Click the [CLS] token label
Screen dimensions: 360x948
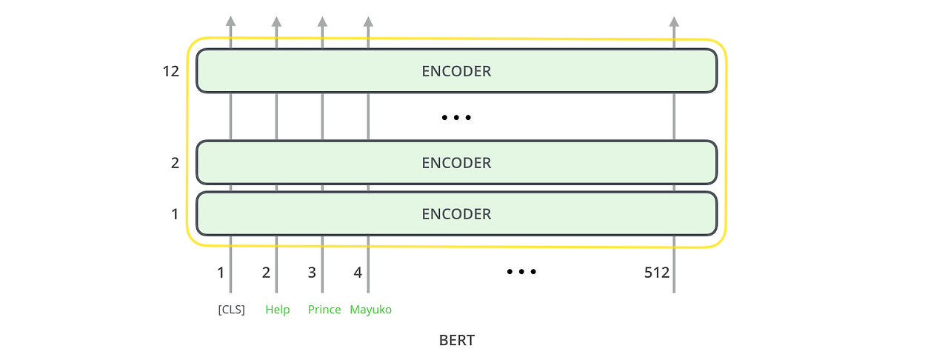pyautogui.click(x=231, y=310)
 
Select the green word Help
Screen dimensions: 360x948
pyautogui.click(x=278, y=310)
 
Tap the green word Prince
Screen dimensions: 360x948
pyautogui.click(x=324, y=310)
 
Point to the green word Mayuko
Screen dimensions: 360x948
pyautogui.click(x=370, y=310)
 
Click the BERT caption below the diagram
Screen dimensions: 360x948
pyautogui.click(x=456, y=341)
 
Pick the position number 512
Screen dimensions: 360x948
pyautogui.click(x=657, y=273)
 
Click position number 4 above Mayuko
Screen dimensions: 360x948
pyautogui.click(x=358, y=273)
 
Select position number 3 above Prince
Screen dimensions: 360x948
pyautogui.click(x=312, y=273)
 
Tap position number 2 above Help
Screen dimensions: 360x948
pyautogui.click(x=266, y=273)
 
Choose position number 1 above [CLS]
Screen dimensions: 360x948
pyautogui.click(x=221, y=273)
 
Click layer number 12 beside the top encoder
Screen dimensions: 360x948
pyautogui.click(x=171, y=72)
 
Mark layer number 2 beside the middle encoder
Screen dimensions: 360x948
pyautogui.click(x=175, y=162)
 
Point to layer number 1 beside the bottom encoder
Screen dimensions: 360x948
pyautogui.click(x=175, y=214)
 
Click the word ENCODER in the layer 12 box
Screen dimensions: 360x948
pyautogui.click(x=456, y=72)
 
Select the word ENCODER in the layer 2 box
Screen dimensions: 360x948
pyautogui.click(x=456, y=163)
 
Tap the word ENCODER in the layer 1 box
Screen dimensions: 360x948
pyautogui.click(x=456, y=214)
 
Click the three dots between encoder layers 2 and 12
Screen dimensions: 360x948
pyautogui.click(x=456, y=118)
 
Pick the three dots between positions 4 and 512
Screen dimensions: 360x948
pyautogui.click(x=521, y=272)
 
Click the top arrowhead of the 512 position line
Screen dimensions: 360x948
pyautogui.click(x=674, y=21)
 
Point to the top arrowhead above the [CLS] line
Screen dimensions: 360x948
pyautogui.click(x=230, y=21)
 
